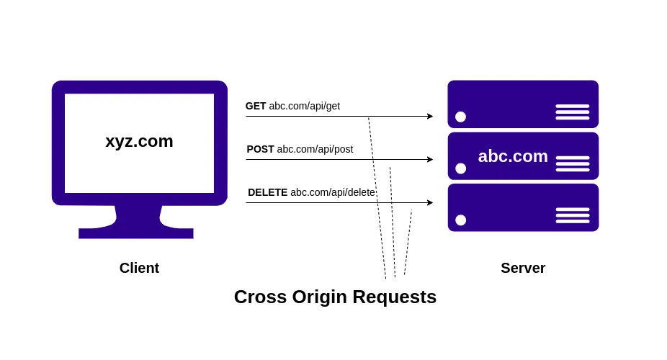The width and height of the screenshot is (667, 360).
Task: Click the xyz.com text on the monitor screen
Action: click(139, 141)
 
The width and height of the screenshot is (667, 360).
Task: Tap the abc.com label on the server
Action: click(513, 156)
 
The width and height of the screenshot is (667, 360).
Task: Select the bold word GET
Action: click(256, 106)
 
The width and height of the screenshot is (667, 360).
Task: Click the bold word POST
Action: click(260, 149)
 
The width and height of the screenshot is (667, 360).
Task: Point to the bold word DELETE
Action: click(267, 192)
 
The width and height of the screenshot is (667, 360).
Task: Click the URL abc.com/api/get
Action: click(304, 106)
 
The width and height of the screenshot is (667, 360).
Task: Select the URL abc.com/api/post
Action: click(315, 149)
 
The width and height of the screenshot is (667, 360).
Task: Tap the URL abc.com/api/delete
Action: click(332, 192)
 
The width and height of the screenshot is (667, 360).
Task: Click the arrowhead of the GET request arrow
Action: click(430, 116)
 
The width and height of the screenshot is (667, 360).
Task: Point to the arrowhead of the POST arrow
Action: click(430, 159)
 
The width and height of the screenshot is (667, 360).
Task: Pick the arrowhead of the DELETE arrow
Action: click(430, 202)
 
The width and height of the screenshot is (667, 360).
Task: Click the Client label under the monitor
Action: click(139, 268)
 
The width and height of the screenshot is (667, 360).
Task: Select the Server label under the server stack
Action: click(523, 268)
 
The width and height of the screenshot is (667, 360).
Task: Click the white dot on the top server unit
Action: click(460, 117)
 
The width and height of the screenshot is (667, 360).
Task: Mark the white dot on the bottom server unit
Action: click(460, 220)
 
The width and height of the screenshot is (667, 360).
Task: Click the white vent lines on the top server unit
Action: click(572, 112)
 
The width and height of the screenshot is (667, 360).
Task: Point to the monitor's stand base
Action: click(136, 233)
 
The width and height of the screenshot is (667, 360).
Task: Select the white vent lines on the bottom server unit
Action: click(572, 215)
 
